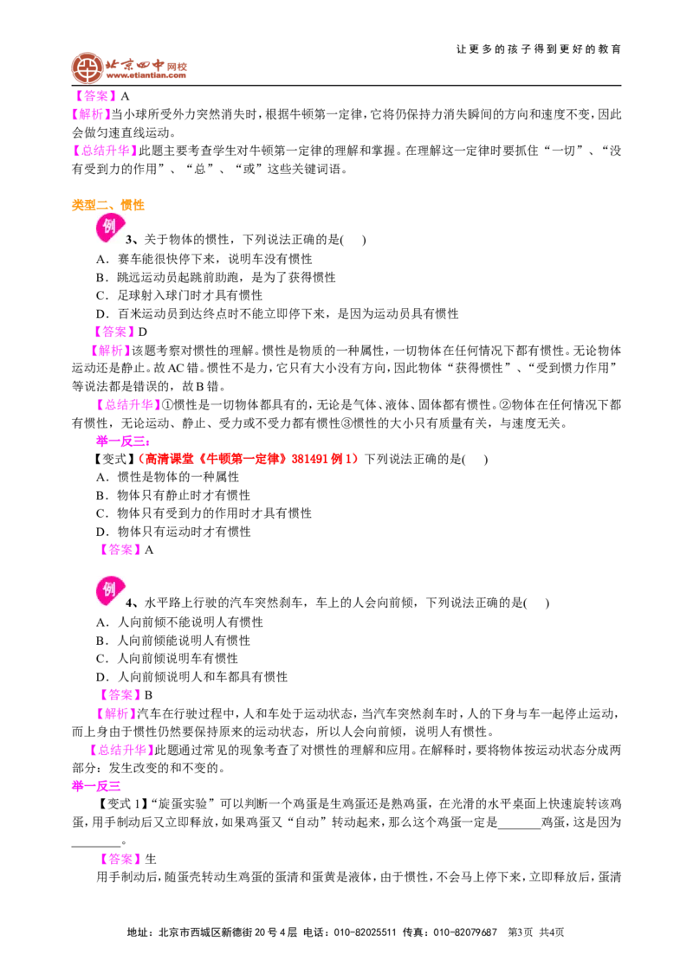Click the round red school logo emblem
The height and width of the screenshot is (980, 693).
87,68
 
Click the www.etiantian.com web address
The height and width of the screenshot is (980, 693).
146,75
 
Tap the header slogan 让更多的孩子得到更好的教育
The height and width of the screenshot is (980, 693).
539,48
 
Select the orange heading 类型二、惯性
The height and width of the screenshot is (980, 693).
107,205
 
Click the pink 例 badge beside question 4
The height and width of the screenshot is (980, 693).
109,591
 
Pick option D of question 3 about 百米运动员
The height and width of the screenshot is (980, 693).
277,313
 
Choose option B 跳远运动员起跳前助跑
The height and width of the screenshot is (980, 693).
216,277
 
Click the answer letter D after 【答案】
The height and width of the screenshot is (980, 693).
143,332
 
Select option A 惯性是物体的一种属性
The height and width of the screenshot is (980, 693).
167,477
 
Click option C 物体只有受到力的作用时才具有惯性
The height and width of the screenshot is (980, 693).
204,513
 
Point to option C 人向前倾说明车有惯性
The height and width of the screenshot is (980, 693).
167,658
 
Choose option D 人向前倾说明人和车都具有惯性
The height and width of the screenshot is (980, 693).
192,676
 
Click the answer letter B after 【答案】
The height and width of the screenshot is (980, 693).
148,695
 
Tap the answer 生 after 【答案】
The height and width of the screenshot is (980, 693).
150,859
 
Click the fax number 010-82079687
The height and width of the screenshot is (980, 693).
465,932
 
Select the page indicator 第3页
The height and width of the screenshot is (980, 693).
521,932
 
